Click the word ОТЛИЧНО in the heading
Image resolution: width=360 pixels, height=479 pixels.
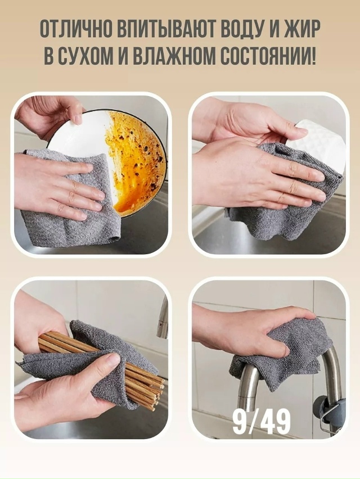[76, 30]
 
